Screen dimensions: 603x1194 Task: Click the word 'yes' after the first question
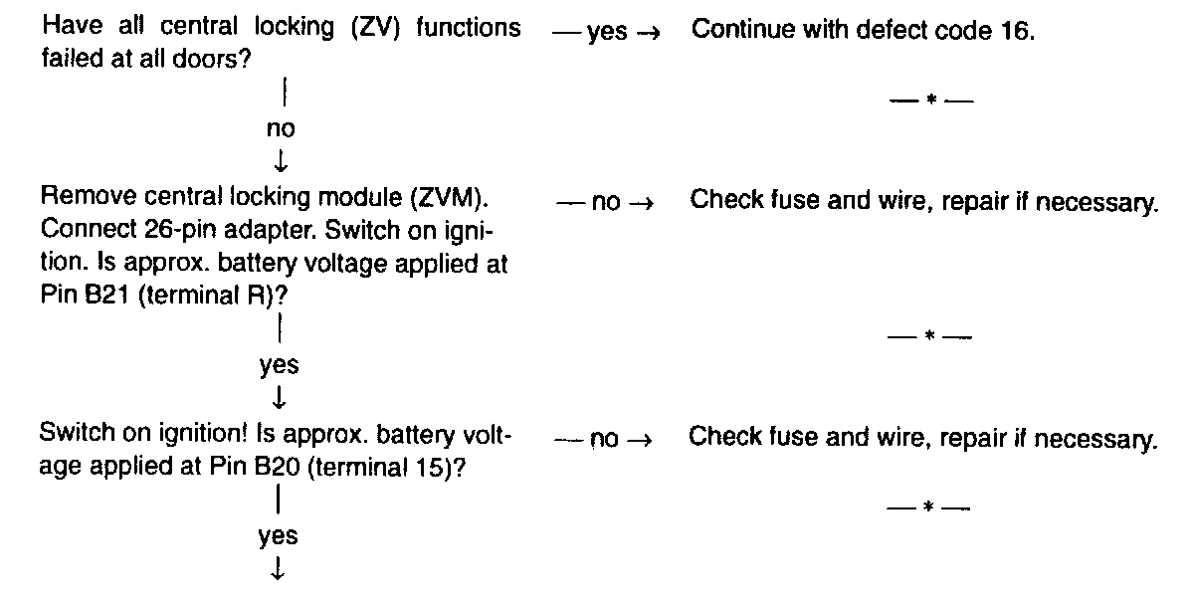point(607,32)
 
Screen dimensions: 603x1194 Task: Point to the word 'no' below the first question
point(280,128)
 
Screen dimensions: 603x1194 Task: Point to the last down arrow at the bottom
point(279,569)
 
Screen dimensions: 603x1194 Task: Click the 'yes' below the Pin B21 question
point(279,365)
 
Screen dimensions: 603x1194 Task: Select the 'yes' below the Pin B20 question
point(279,535)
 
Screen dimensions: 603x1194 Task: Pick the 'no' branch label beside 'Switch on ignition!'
point(604,440)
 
